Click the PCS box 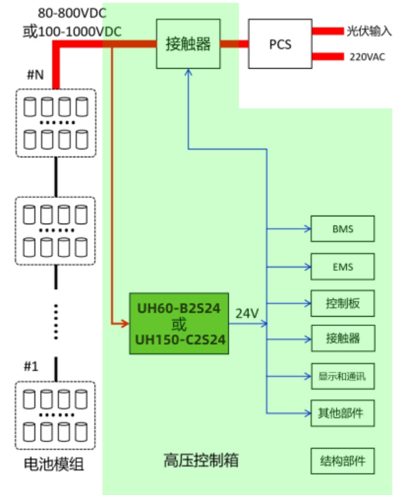point(280,45)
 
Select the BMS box point(342,229)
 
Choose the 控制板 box point(342,304)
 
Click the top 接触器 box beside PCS point(188,44)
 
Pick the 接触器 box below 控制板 point(342,340)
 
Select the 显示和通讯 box point(342,377)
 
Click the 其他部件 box point(342,413)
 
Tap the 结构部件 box point(342,460)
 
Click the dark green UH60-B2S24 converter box point(179,323)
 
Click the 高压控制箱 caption point(200,460)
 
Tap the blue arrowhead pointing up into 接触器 point(189,75)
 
